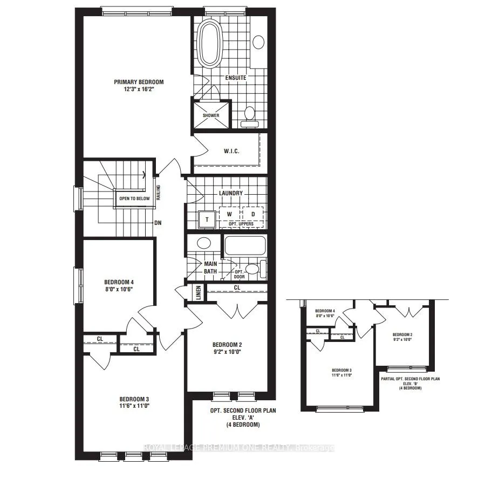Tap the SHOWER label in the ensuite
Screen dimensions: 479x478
(211, 115)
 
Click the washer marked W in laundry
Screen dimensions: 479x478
(229, 214)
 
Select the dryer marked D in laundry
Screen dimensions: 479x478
(252, 214)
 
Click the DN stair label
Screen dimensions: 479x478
(158, 222)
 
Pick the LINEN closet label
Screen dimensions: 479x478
(198, 292)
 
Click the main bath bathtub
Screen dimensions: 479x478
(244, 245)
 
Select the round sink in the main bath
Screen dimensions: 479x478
(204, 243)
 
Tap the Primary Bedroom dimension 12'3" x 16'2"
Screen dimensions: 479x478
(138, 90)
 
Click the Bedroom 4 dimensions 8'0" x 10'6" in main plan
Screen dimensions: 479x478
(118, 289)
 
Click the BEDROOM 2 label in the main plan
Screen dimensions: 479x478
(226, 345)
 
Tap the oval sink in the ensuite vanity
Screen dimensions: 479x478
(258, 42)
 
